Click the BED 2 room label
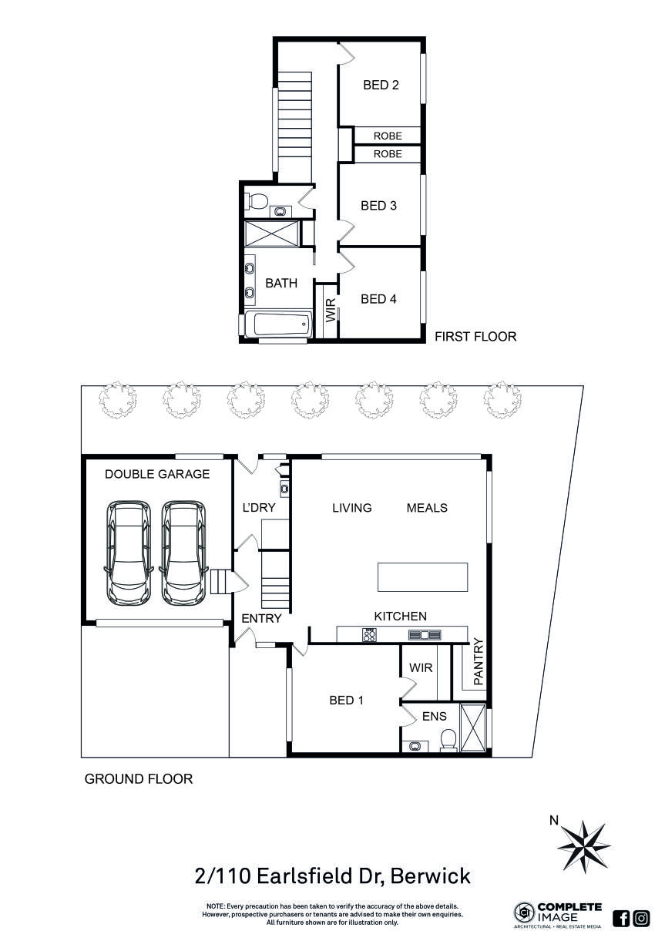[381, 85]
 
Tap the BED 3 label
[378, 206]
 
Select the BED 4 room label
[378, 299]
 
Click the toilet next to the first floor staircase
[256, 202]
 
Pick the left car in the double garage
[128, 552]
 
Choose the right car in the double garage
[183, 552]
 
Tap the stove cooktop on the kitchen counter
[370, 635]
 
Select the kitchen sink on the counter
[425, 635]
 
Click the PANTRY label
[478, 662]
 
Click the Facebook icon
[621, 918]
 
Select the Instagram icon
[641, 918]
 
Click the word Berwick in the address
[431, 876]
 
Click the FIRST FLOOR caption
[475, 337]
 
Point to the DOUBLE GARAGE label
[157, 474]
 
